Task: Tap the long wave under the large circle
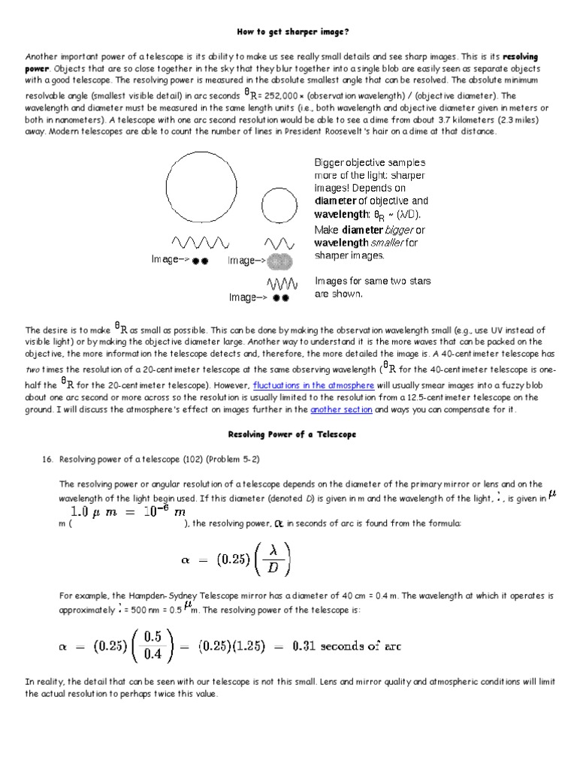(200, 243)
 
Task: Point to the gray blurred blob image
(279, 261)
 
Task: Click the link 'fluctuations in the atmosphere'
(313, 385)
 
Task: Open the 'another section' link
(341, 410)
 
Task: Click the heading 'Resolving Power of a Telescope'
(292, 435)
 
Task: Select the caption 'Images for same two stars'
(373, 281)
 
